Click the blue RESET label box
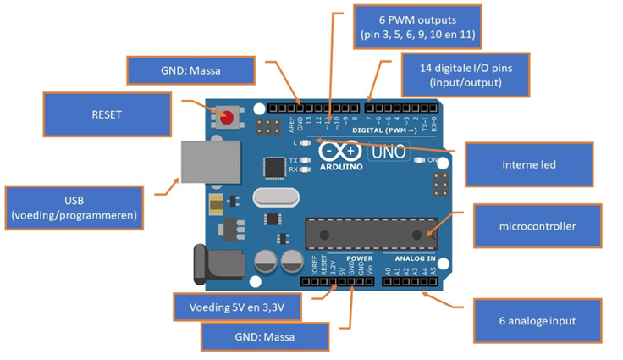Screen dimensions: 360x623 coord(107,114)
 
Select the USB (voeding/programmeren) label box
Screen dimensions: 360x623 coord(74,208)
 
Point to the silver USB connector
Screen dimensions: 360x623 coord(204,162)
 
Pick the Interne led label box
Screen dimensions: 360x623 coord(529,164)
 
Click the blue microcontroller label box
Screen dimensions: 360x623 coord(537,226)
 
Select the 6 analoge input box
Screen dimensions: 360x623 coord(537,321)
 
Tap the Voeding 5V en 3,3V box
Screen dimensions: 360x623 coord(237,307)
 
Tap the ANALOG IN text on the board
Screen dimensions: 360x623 coord(415,258)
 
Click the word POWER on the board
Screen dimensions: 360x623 coord(360,258)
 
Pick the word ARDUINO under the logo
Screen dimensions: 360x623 coord(341,167)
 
